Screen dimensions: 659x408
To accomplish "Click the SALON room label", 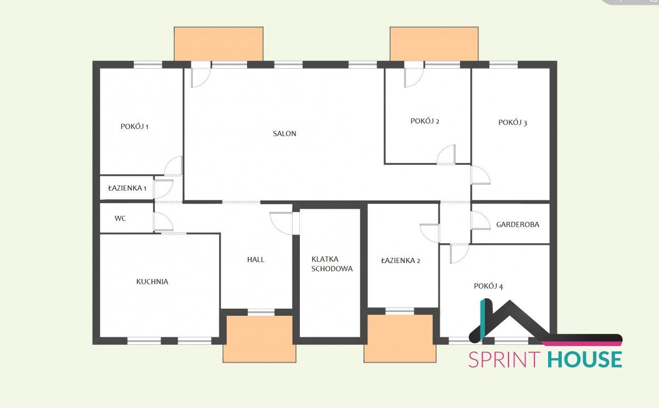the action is coord(284,133).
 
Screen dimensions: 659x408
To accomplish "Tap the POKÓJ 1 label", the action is coord(135,126).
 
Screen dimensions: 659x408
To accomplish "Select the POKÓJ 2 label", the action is coord(425,121).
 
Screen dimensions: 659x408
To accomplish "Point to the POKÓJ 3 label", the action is coord(513,122).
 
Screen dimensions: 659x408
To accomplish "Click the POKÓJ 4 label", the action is coord(488,286).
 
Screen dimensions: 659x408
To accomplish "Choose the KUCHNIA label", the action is coord(152,282).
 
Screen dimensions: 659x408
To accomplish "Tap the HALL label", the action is coord(256,259).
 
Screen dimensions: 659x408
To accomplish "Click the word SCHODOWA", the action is coord(332,269).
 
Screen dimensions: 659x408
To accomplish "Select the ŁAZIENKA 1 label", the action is coord(127,188).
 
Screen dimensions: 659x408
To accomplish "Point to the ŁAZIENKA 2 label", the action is coord(401,260).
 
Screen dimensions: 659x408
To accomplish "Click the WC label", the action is coord(120,218).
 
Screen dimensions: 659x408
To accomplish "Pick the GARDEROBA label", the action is coord(518,225).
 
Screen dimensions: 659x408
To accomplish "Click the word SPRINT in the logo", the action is coord(505,360).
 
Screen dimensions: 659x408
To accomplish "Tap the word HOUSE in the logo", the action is coord(585,360).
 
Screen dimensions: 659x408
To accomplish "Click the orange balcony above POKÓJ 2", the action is coord(434,44).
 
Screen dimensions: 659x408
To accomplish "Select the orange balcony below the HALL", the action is coord(259,339).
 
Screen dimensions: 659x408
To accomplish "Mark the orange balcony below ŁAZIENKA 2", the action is coord(400,339).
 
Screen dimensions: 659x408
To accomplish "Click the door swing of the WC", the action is coord(163,222).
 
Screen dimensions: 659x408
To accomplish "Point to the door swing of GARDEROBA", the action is coord(481,220).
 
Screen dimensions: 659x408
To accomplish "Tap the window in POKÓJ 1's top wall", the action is coord(148,65).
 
